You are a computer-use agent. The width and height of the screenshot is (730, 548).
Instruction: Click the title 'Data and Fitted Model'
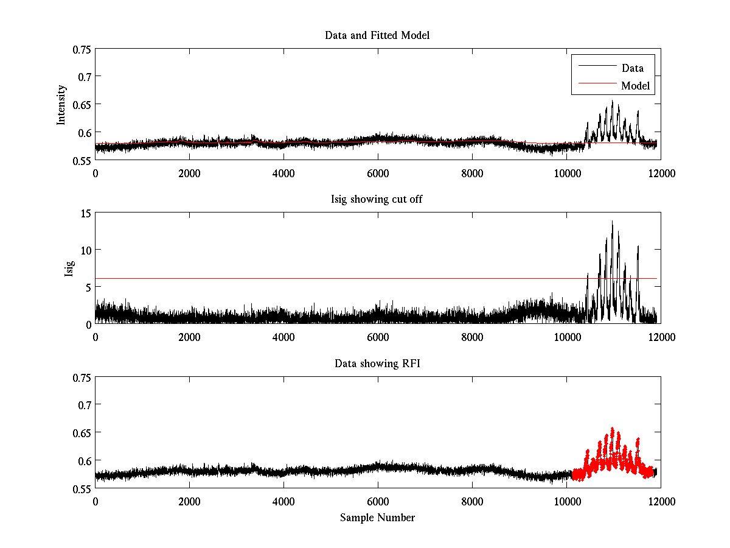(377, 35)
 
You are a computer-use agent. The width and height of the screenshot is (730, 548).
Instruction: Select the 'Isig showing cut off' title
(377, 200)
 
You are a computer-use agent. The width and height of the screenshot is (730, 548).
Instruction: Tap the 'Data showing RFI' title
(377, 364)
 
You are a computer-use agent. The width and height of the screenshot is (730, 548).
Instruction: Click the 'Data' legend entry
(632, 68)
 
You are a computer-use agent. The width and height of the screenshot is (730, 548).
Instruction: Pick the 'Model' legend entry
(635, 86)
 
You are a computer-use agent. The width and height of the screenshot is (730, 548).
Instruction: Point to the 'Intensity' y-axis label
(61, 104)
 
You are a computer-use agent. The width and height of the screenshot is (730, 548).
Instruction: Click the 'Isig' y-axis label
(69, 269)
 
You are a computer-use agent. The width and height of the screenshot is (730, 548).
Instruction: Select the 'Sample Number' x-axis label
(377, 518)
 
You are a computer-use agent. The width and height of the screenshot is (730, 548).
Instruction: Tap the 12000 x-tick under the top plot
(660, 172)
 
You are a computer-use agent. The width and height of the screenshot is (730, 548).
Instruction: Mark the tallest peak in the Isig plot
(612, 222)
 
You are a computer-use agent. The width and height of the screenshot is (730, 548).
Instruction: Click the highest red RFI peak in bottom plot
(612, 429)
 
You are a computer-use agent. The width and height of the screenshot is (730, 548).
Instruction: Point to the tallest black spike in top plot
(612, 101)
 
